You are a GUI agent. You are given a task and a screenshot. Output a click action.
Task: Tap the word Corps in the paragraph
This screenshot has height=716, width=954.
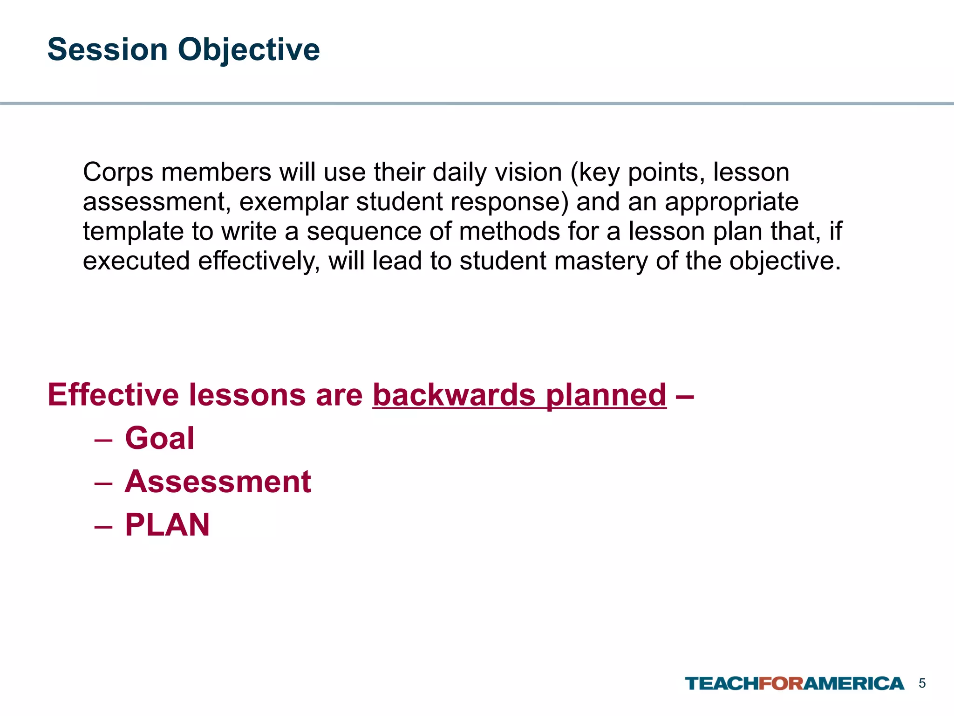coord(118,173)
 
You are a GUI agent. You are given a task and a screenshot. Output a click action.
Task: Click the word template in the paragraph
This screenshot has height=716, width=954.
coord(133,232)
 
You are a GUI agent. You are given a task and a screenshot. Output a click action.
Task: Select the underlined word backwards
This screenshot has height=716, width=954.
coord(454,395)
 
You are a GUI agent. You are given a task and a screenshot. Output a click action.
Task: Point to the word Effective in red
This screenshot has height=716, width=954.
coord(113,395)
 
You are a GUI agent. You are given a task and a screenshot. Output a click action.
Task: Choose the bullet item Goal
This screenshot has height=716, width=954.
coord(159,439)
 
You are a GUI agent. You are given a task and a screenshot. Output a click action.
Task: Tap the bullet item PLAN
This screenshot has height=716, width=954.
coord(167,525)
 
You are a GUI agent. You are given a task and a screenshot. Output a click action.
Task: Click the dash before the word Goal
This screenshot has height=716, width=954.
coord(103,440)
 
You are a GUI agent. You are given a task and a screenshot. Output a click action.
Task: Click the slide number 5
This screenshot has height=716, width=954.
coord(922,683)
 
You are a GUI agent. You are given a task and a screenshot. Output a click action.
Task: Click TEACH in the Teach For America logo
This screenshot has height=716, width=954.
coord(722,684)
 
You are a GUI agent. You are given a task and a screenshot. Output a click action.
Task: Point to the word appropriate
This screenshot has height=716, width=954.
coord(731,202)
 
